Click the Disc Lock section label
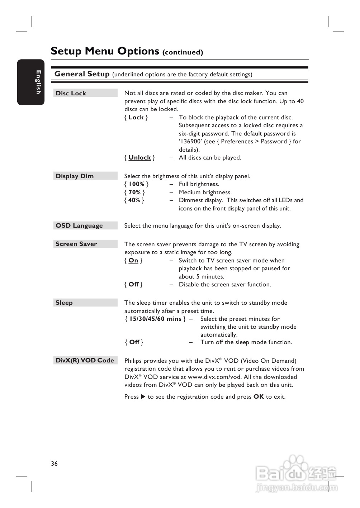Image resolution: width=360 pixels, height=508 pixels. pos(71,93)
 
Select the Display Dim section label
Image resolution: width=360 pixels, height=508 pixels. pos(75,176)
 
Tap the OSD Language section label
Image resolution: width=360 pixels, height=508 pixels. pos(79,225)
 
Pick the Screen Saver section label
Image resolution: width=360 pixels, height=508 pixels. pos(76,244)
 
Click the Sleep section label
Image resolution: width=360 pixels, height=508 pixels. pos(64,303)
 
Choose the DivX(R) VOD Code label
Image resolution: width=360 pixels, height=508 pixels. pos(85,360)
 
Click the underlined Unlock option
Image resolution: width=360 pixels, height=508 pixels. pos(139,157)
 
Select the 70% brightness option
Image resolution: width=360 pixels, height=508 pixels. pos(134,192)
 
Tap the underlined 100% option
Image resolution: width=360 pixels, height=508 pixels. pos(136,184)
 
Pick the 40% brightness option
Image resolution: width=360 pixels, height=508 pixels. pos(134,200)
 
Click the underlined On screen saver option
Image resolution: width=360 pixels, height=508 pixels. pos(133,260)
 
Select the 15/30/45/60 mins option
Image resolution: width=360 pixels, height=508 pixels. pos(155,319)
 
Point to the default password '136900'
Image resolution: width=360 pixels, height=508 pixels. pos(191,141)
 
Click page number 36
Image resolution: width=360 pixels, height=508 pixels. pos(54,464)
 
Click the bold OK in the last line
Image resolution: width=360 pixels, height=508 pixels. pos(259,397)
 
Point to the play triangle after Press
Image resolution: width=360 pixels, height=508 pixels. pos(143,397)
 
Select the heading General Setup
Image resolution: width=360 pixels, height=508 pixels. pos(82,74)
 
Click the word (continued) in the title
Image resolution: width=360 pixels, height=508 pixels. pos(183,52)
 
